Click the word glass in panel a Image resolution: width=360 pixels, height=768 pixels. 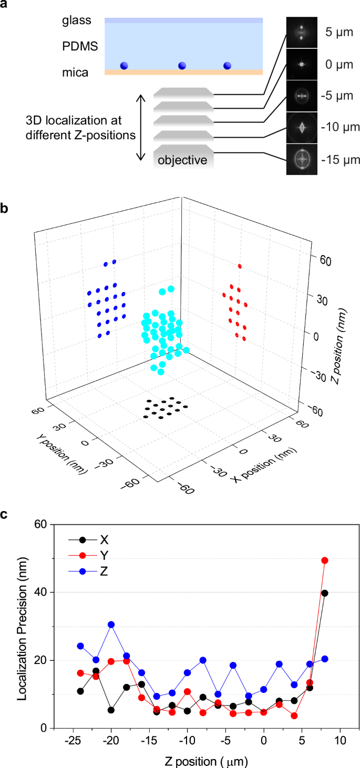tap(77, 20)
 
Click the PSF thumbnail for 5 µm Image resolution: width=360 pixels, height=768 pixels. tap(302, 32)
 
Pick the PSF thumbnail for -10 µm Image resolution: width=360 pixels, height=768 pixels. tap(302, 128)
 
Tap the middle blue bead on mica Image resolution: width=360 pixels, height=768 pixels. tap(182, 66)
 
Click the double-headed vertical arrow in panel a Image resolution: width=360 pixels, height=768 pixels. tap(141, 127)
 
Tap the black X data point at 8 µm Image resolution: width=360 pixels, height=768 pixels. tap(324, 593)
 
